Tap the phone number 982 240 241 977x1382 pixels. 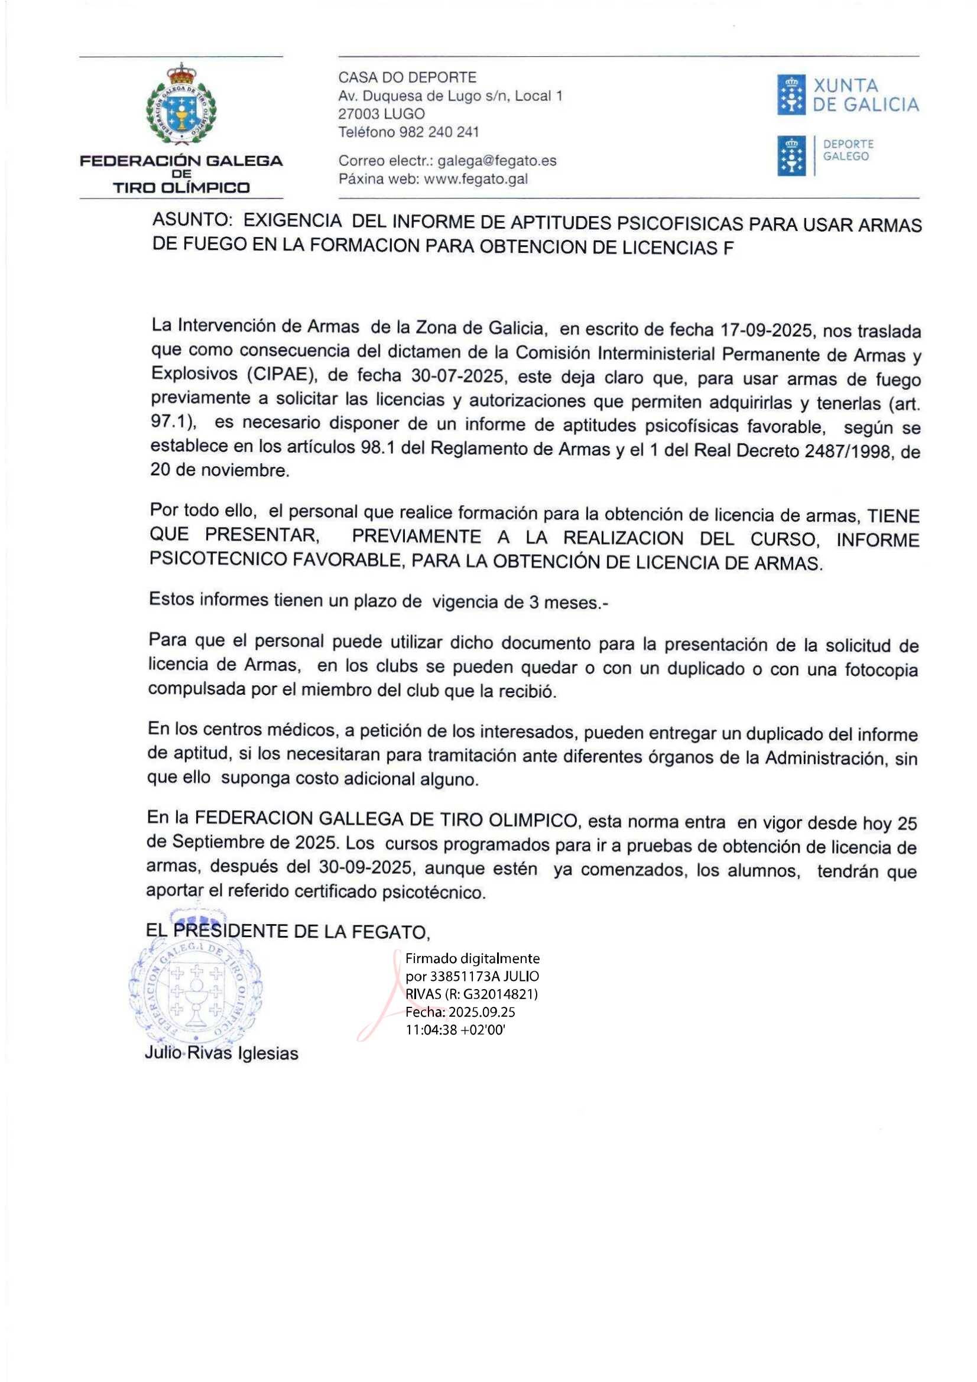[x=439, y=132]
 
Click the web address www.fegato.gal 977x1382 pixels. [x=476, y=179]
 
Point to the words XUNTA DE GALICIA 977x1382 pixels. [x=866, y=96]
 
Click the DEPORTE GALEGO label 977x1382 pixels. [x=848, y=151]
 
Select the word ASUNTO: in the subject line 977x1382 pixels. [x=191, y=220]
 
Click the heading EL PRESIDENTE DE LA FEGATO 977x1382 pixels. [x=288, y=932]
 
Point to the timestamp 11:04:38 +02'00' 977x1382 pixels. [x=456, y=1030]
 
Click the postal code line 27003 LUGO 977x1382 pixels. [x=381, y=114]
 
